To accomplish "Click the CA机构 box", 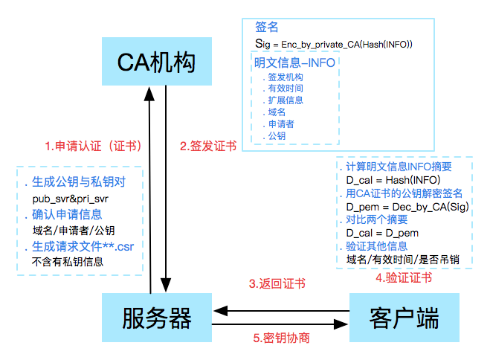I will [158, 62].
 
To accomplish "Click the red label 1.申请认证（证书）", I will [93, 146].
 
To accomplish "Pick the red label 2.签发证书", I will [208, 147].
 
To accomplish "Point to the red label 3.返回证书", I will [276, 283].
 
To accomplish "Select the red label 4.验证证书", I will [404, 278].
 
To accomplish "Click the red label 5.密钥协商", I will [281, 338].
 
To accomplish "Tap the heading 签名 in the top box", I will [266, 27].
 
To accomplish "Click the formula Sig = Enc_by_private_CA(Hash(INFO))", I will [333, 45].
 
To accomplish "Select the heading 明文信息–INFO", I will [294, 62].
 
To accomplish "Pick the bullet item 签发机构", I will [286, 77].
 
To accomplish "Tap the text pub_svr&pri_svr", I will [71, 199].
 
